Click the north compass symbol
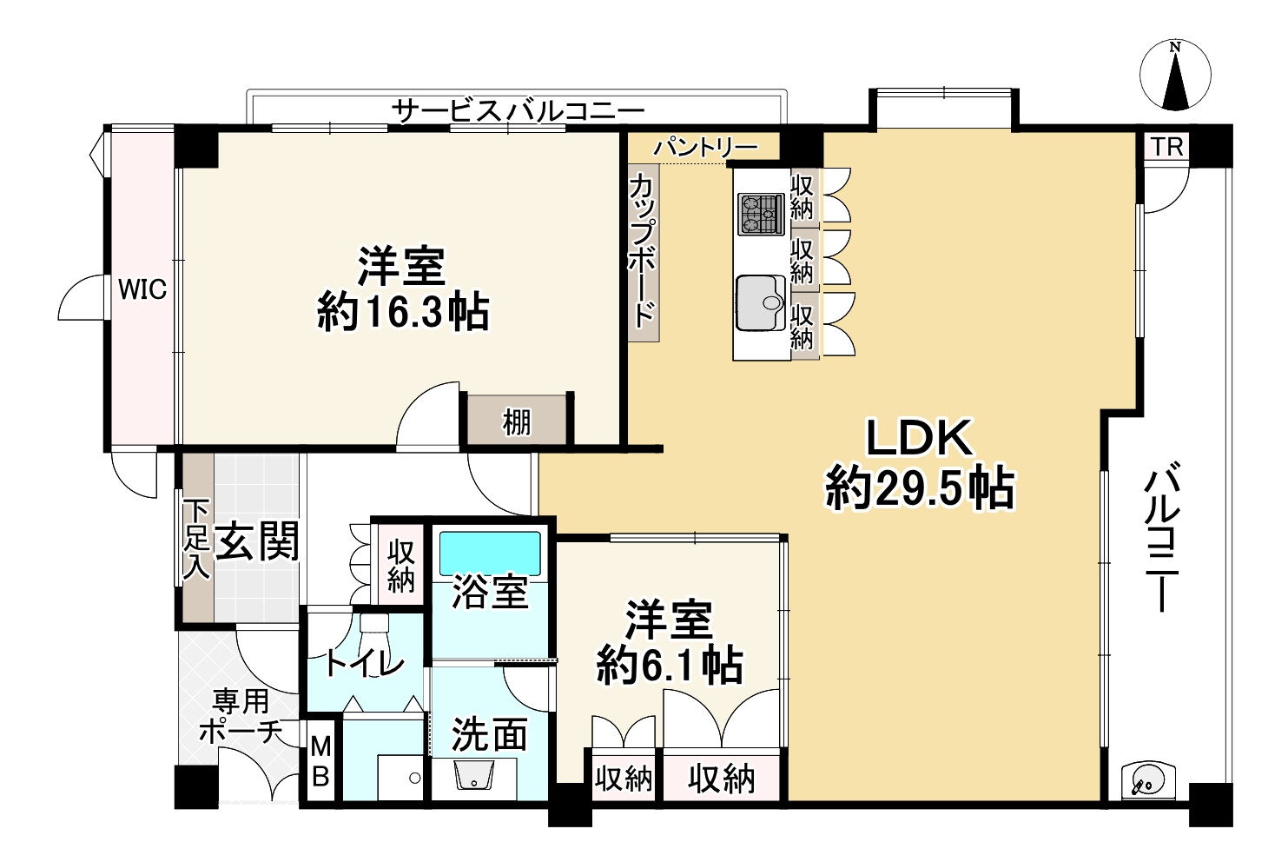[1174, 76]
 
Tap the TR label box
[1168, 147]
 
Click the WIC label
[142, 289]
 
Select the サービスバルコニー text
[518, 111]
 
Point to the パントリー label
[705, 147]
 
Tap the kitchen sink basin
[762, 302]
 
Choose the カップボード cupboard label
[643, 250]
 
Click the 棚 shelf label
[517, 423]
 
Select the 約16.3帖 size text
[403, 312]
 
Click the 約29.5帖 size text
[920, 488]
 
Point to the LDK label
[919, 439]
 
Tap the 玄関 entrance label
[256, 541]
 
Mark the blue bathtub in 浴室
[490, 554]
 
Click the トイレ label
[364, 664]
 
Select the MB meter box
[320, 762]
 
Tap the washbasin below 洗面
[474, 776]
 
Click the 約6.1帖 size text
[669, 666]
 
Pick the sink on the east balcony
[1147, 780]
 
